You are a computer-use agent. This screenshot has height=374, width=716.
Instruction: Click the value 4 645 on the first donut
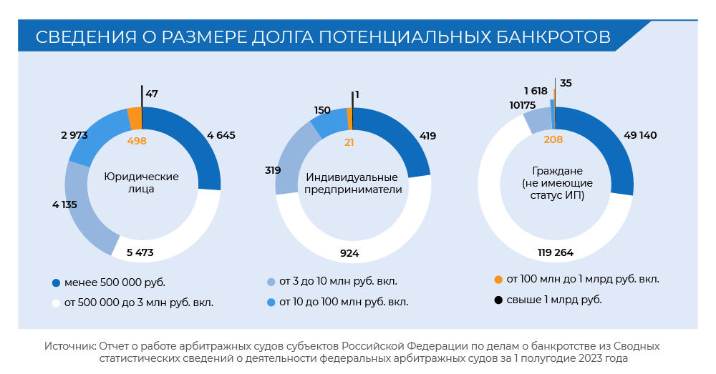(221, 135)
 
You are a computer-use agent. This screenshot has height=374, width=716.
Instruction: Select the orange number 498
(137, 141)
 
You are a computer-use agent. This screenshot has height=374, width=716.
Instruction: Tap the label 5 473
(140, 252)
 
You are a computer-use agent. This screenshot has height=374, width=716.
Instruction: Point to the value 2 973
(75, 135)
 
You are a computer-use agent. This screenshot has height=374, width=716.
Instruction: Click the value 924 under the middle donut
(349, 253)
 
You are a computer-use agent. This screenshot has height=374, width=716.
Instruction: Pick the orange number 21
(349, 142)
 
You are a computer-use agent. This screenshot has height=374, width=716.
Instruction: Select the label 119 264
(555, 252)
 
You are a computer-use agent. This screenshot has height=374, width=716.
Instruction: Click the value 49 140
(640, 135)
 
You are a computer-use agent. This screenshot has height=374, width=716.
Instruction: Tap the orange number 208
(553, 139)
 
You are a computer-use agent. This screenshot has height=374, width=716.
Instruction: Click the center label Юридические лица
(142, 183)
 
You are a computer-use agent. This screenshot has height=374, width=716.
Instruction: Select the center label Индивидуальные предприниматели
(352, 183)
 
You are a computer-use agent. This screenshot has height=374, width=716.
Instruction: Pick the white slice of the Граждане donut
(501, 207)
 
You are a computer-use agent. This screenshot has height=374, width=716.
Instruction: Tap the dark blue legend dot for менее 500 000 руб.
(56, 282)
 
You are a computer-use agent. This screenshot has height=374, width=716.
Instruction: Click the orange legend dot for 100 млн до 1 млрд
(498, 279)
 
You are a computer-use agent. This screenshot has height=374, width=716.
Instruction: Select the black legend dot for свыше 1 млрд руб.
(498, 300)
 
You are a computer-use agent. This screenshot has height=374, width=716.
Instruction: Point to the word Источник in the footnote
(69, 346)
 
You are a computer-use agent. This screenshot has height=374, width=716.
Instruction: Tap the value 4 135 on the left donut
(64, 205)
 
